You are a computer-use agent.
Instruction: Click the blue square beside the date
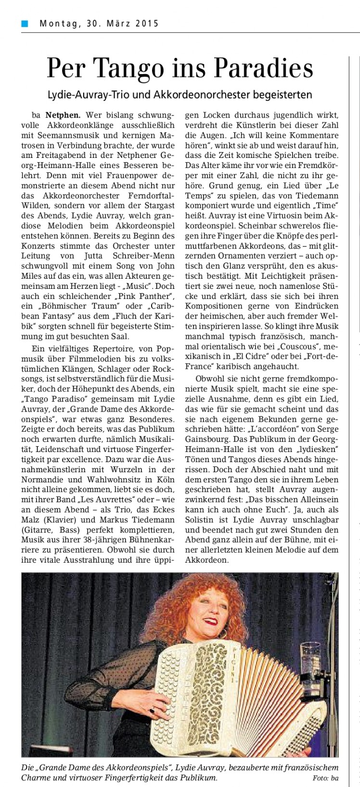(x=24, y=23)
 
